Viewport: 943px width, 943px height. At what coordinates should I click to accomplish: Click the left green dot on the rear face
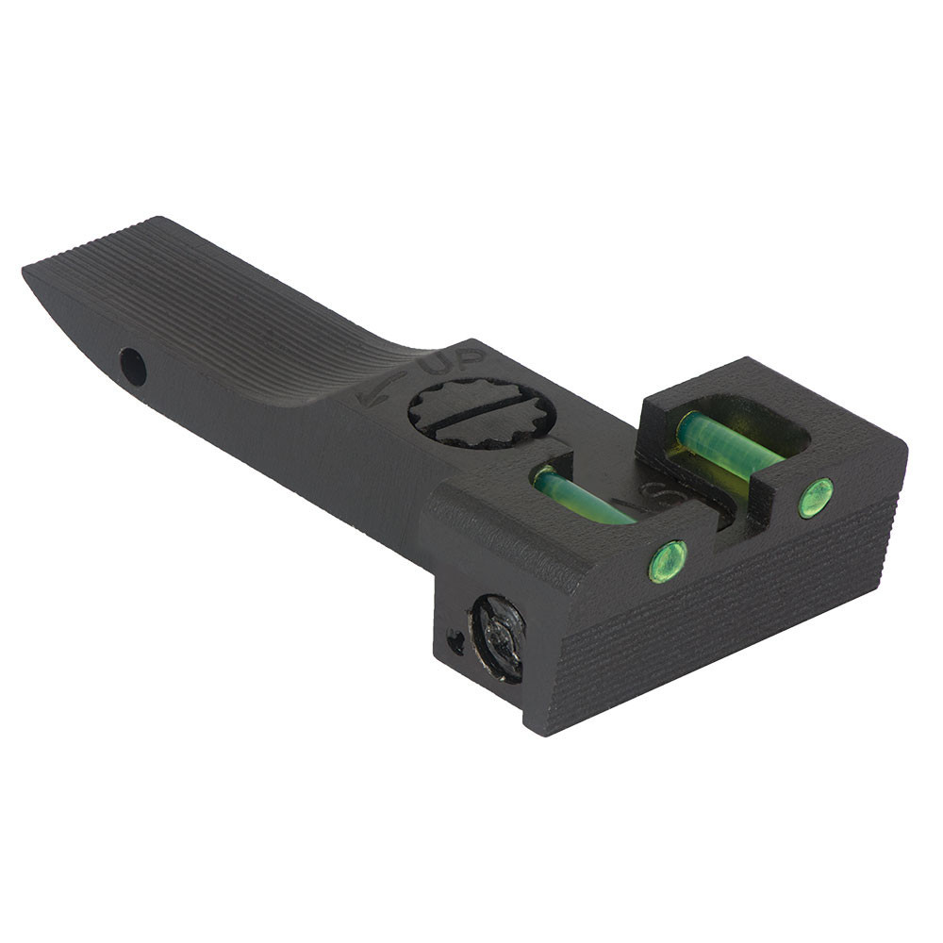click(667, 561)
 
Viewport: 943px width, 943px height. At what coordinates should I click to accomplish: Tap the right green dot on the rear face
click(816, 497)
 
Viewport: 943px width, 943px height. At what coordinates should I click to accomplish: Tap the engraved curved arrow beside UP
click(382, 388)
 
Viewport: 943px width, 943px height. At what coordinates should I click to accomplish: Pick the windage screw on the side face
click(498, 637)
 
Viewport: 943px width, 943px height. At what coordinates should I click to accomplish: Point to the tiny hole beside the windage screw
click(455, 644)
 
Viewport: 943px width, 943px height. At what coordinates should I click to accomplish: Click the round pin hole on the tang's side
click(133, 366)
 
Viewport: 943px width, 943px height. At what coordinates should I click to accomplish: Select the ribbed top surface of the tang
click(236, 302)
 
